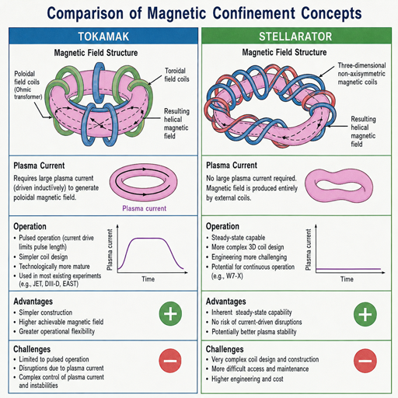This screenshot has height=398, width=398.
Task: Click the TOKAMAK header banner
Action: pyautogui.click(x=103, y=36)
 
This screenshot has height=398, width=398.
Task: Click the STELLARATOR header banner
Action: pyautogui.click(x=296, y=36)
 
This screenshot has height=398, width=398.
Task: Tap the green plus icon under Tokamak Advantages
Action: pyautogui.click(x=170, y=313)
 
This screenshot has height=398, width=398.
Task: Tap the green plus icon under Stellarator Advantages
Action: pyautogui.click(x=365, y=314)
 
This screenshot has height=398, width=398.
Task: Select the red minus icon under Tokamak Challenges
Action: pyautogui.click(x=170, y=361)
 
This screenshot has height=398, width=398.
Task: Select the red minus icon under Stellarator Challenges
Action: pyautogui.click(x=365, y=361)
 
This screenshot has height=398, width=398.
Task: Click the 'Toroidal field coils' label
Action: pyautogui.click(x=176, y=75)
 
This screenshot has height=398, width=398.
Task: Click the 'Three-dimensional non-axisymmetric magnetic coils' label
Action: pyautogui.click(x=361, y=74)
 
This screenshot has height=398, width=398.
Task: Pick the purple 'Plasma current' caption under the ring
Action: pyautogui.click(x=144, y=208)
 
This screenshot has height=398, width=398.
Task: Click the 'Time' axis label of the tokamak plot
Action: pyautogui.click(x=148, y=279)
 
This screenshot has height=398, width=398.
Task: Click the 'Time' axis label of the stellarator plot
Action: pyautogui.click(x=347, y=279)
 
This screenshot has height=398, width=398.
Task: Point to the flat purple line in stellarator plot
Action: pyautogui.click(x=348, y=269)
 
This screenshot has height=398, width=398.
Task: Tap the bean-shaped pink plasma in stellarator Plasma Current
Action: pyautogui.click(x=339, y=187)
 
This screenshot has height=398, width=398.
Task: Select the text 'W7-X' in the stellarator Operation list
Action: pyautogui.click(x=234, y=276)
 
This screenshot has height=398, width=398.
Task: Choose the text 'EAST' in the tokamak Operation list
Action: pyautogui.click(x=70, y=284)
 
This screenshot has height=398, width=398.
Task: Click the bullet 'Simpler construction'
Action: pyautogui.click(x=45, y=312)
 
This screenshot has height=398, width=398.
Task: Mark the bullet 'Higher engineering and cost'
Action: pyautogui.click(x=247, y=379)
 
